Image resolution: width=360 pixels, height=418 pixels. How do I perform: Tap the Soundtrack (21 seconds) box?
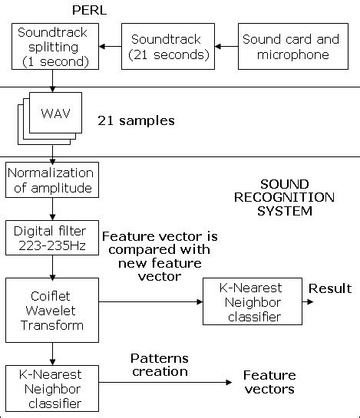click(166, 47)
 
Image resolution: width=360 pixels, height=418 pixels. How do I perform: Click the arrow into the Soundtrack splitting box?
click(107, 47)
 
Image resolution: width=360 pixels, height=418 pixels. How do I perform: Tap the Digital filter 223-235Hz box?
click(51, 238)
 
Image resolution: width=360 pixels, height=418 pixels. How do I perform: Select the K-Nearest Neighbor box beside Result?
click(250, 302)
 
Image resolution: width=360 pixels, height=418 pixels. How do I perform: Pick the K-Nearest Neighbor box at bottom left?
click(51, 390)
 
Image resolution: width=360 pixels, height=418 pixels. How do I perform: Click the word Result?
click(329, 288)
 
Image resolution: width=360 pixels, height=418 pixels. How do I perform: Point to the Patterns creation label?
click(159, 364)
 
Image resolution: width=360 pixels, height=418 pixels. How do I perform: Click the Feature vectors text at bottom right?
click(269, 382)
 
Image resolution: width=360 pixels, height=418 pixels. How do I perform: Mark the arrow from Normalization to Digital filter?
click(51, 209)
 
